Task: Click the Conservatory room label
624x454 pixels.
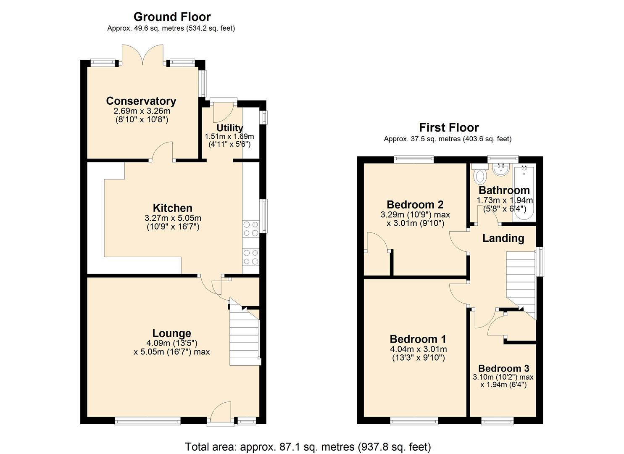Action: click(x=141, y=101)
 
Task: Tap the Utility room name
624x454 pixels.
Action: click(x=229, y=128)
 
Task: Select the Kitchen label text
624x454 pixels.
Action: click(x=172, y=208)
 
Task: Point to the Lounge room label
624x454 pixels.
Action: click(x=171, y=333)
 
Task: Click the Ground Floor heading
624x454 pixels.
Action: click(x=172, y=17)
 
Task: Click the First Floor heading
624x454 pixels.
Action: click(x=448, y=127)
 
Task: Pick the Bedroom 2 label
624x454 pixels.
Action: click(x=415, y=205)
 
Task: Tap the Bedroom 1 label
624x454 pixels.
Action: click(x=418, y=339)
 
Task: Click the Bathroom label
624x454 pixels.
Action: click(x=504, y=190)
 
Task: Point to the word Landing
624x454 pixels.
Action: click(x=503, y=238)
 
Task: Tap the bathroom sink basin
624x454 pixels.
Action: click(x=500, y=170)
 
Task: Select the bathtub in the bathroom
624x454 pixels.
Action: click(x=524, y=193)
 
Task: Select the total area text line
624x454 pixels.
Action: click(x=308, y=446)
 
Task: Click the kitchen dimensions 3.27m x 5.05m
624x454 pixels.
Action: click(x=172, y=218)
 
